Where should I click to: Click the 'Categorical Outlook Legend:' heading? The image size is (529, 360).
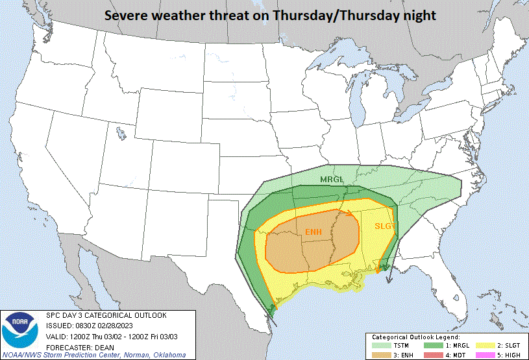coord(415,337)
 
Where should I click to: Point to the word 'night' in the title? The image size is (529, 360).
coord(417,14)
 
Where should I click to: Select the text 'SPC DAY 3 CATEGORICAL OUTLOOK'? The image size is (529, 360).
coord(106,315)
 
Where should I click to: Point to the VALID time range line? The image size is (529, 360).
coord(112,336)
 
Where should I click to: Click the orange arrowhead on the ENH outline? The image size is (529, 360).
coord(349,211)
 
